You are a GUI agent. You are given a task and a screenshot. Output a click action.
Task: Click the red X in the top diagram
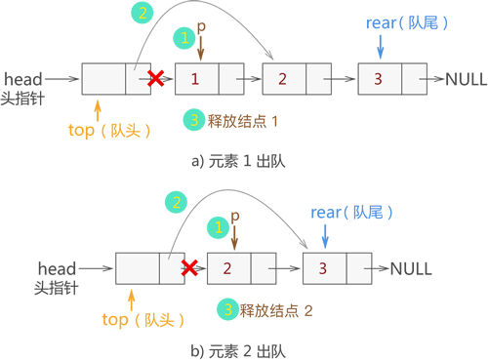153,78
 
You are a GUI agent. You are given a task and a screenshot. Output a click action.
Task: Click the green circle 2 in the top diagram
142,14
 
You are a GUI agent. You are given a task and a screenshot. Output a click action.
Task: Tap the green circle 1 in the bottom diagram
219,226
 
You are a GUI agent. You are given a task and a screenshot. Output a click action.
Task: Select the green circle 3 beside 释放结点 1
193,120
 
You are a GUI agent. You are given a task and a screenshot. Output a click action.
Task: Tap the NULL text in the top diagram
466,78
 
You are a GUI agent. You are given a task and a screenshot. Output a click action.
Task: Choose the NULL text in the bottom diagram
411,266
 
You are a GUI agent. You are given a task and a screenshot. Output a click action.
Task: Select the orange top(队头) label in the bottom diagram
143,318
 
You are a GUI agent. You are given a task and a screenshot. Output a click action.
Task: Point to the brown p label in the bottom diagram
235,214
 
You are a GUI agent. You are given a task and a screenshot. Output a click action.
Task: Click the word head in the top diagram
22,74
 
